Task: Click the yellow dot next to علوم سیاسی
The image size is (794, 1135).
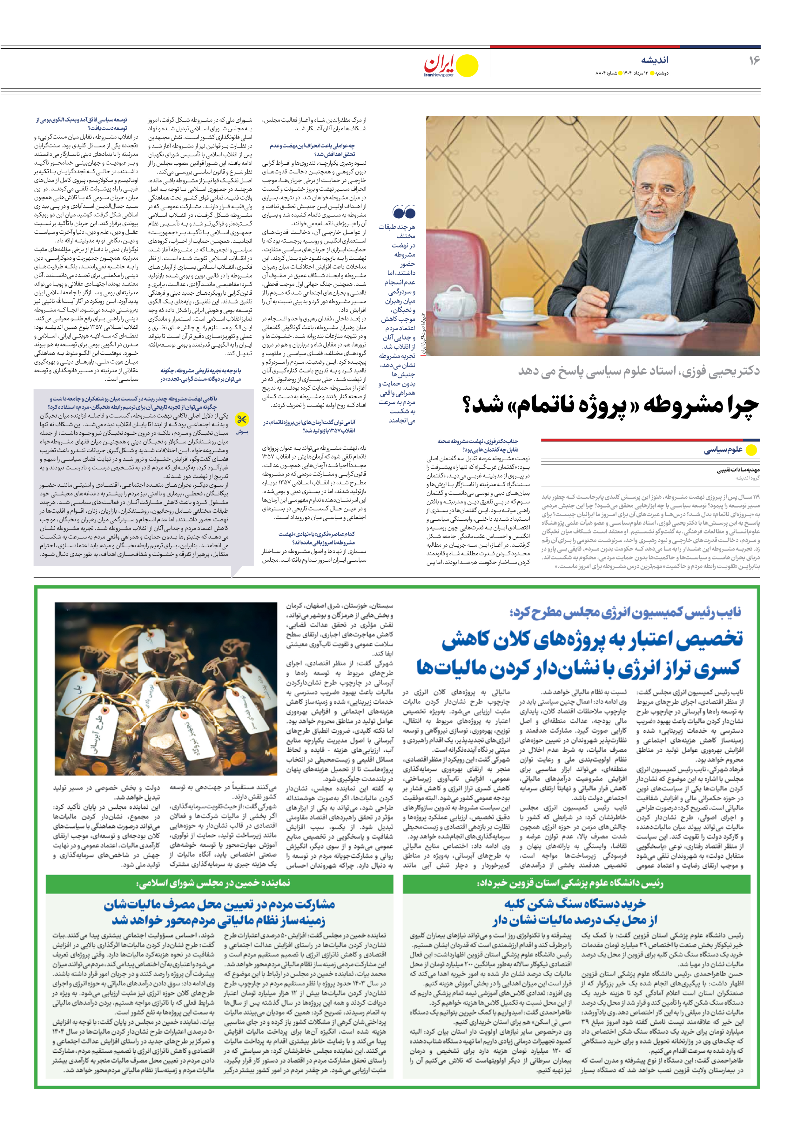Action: coord(751,450)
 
